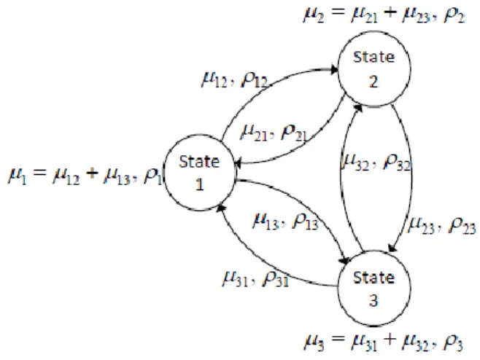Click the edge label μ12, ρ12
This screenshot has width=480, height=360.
point(234,80)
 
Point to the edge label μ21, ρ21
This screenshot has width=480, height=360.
point(274,133)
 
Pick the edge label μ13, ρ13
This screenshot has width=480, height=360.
point(286,221)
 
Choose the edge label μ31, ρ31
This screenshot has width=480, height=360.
point(255,278)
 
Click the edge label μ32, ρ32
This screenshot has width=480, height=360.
point(376,161)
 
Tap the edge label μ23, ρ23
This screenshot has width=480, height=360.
point(442,226)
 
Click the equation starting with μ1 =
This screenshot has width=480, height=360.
point(85,176)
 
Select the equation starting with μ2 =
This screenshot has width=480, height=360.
point(384,15)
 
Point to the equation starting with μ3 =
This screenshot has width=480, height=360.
point(384,342)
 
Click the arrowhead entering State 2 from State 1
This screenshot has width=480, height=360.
point(334,70)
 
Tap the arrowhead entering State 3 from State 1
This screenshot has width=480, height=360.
point(345,260)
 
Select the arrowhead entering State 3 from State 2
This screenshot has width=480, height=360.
point(392,248)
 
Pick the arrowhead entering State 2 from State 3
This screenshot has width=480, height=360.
point(358,109)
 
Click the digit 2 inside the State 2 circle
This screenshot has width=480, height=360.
point(373,82)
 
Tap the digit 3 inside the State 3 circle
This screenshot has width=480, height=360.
point(373,300)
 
